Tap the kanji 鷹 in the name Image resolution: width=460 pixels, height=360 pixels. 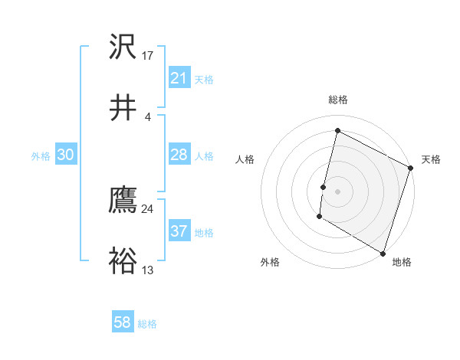click(123, 201)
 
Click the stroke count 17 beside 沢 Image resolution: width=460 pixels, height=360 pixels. click(148, 56)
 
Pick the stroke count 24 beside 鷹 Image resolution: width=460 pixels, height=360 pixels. click(148, 209)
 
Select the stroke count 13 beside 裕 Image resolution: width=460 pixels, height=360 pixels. click(148, 270)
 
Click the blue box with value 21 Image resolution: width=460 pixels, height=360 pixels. click(179, 78)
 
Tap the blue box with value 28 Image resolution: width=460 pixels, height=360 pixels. click(179, 155)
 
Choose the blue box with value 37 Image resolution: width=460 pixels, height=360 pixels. click(179, 231)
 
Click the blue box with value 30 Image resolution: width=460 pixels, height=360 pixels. click(65, 155)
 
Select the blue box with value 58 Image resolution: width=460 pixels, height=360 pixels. click(123, 322)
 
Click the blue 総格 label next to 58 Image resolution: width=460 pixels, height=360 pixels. click(148, 324)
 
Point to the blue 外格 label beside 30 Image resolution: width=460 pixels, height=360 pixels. click(41, 156)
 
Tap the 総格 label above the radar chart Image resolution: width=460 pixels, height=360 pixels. click(337, 100)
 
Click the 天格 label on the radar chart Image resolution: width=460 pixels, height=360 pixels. click(431, 159)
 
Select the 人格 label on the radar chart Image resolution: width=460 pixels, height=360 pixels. click(245, 159)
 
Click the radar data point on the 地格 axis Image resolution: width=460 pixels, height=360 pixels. click(383, 253)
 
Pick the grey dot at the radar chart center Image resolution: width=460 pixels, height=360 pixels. click(337, 191)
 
